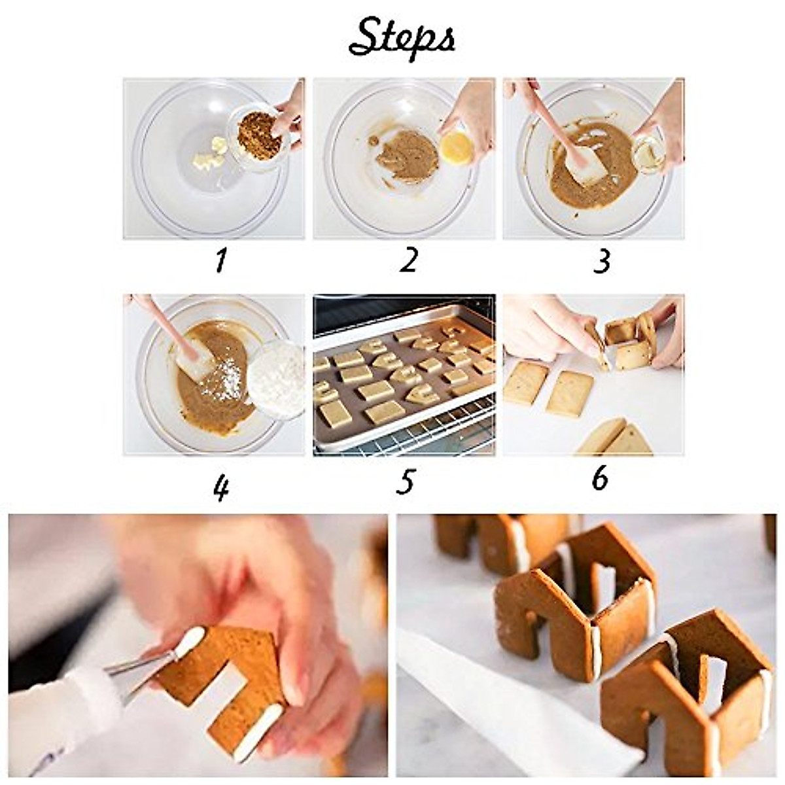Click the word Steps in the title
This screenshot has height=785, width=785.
[402, 38]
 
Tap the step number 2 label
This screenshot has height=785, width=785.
[408, 260]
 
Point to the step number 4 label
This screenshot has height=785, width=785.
[220, 487]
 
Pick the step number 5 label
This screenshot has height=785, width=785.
[406, 482]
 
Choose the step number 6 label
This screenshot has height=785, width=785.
[599, 478]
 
